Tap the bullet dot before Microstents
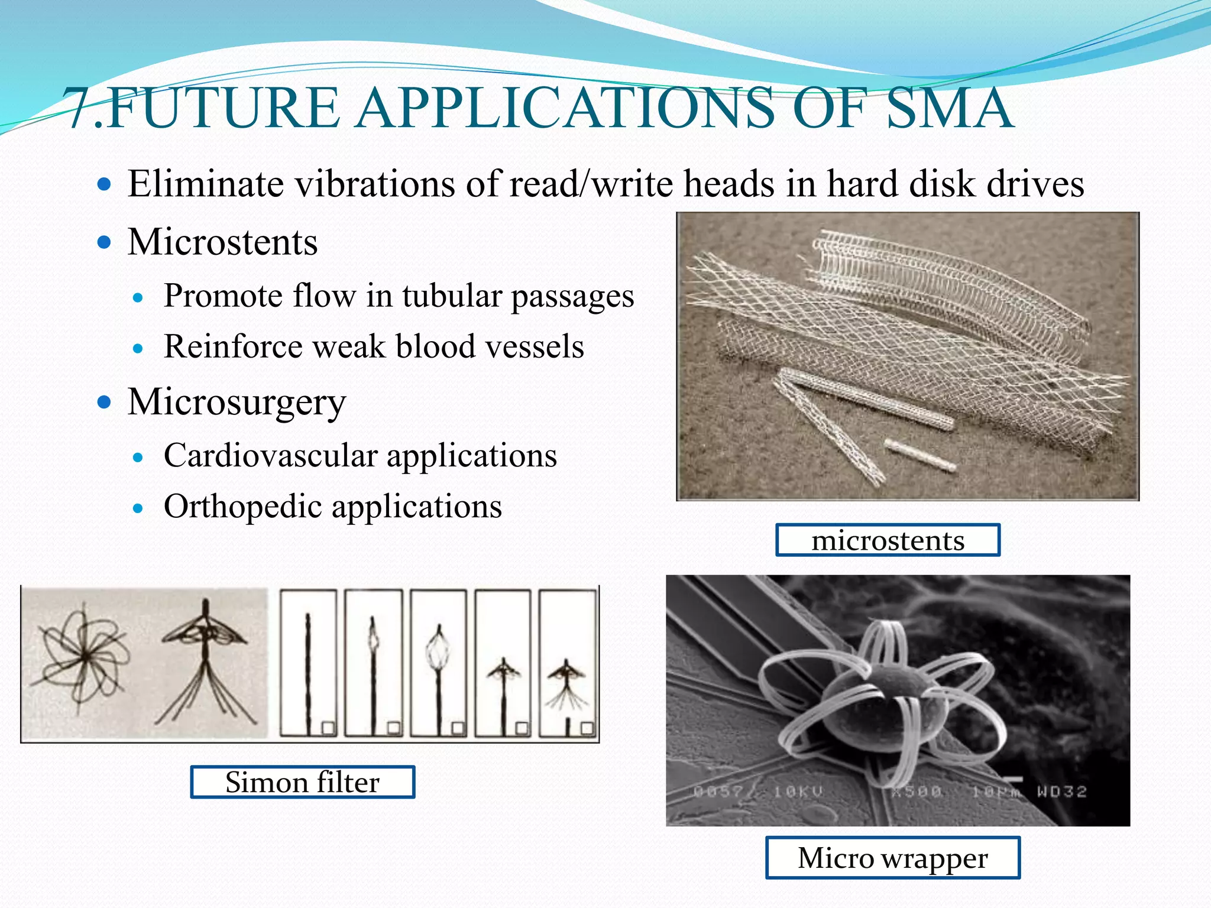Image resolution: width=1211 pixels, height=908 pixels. [104, 242]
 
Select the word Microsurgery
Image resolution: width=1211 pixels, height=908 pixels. [237, 403]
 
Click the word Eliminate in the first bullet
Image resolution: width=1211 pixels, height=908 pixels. [205, 183]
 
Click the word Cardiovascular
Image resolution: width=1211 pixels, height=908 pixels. [270, 456]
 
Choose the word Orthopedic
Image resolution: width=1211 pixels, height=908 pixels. [242, 507]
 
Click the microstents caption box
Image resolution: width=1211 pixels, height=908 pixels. [888, 540]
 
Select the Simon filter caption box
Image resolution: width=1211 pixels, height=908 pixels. [302, 781]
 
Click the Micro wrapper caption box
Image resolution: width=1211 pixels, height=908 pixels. [892, 857]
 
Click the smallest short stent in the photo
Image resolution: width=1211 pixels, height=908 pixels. [919, 455]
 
